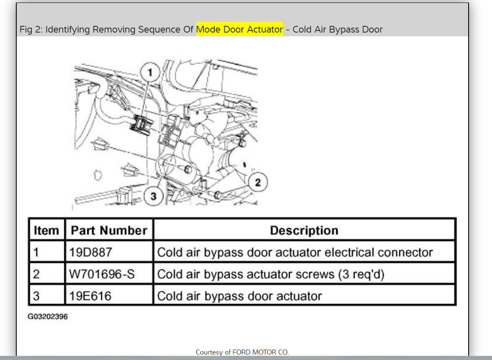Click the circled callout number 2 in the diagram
[x=258, y=183]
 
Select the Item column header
[x=46, y=231]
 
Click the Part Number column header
[x=109, y=231]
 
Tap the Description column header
[x=304, y=231]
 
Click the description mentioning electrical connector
[x=294, y=252]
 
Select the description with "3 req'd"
[x=270, y=274]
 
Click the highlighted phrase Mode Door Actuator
[x=239, y=30]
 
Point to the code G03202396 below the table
[x=48, y=317]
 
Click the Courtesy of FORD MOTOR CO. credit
[x=242, y=352]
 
